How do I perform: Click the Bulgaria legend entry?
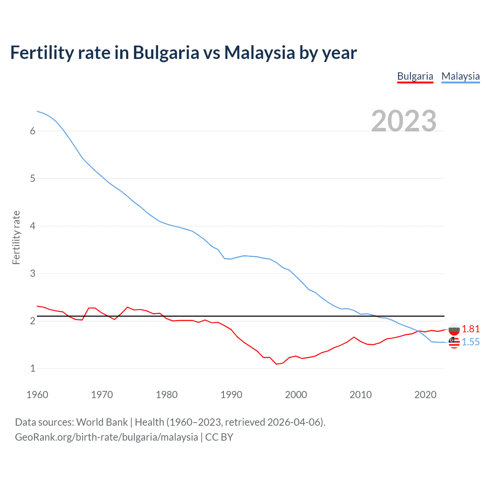coord(415,76)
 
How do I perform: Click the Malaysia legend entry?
coord(461,76)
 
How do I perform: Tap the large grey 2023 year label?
coord(404,121)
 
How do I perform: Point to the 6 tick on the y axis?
coord(33,131)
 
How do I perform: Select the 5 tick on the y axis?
coord(33,178)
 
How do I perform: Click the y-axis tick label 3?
coord(33,273)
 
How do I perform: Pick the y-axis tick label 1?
coord(33,368)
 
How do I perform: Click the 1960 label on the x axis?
coord(37,395)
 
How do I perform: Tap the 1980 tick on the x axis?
coord(167,395)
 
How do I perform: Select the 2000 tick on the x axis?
coord(296,395)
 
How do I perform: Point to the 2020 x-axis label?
coord(425,395)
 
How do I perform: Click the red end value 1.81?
coord(470,329)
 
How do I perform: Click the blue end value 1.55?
coord(470,342)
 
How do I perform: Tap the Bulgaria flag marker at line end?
coord(454,329)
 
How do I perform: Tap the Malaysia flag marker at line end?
coord(454,342)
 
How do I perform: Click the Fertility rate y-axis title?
coord(16,237)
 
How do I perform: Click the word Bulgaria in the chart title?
coord(166,52)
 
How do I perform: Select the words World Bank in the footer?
coord(102,422)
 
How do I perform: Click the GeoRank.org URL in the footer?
coord(106,437)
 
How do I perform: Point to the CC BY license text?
coord(219,437)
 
